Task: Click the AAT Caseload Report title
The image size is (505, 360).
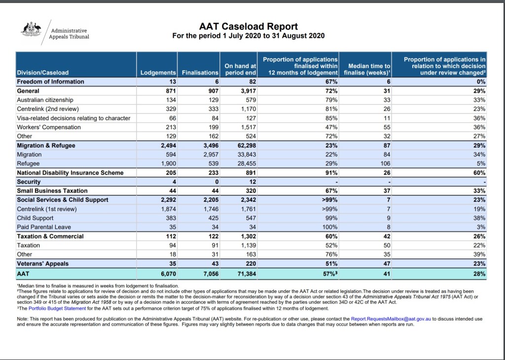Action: (x=248, y=26)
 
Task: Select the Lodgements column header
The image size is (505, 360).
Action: (x=158, y=72)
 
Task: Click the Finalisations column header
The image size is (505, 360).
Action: (x=200, y=72)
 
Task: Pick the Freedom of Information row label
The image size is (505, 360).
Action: (x=50, y=81)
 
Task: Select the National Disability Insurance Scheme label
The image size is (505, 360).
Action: (x=70, y=173)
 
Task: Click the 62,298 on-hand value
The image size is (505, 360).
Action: (x=245, y=145)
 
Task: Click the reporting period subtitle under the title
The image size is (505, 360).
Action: (x=248, y=36)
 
